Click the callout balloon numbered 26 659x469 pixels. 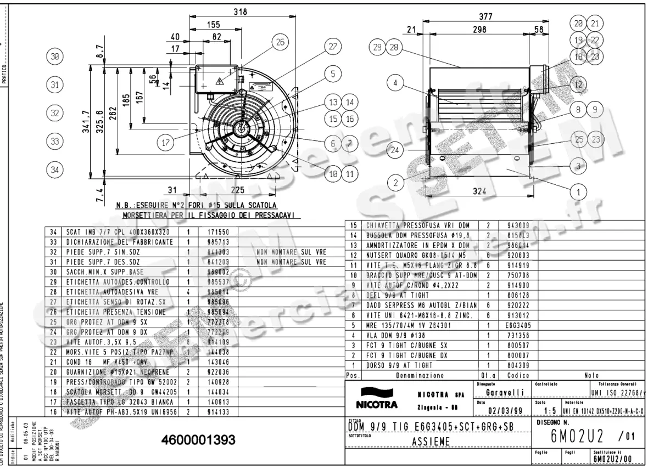pos(280,42)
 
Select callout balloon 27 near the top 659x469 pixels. pos(332,47)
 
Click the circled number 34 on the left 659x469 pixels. pos(54,170)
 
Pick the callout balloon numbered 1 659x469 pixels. pos(578,192)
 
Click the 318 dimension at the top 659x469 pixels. pos(240,12)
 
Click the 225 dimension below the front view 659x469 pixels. pos(238,190)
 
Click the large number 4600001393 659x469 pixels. pos(198,440)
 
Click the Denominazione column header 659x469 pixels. pos(420,376)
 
